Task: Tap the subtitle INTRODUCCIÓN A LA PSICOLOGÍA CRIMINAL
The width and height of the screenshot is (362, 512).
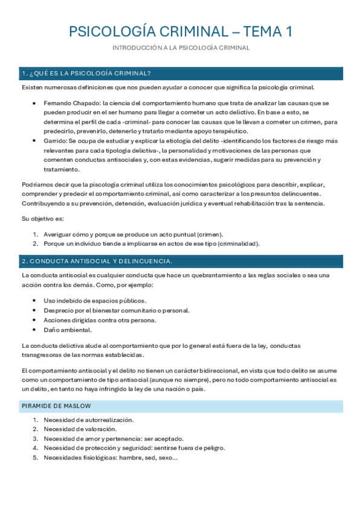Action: coord(181,48)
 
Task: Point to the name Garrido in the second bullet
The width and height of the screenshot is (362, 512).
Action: coord(55,141)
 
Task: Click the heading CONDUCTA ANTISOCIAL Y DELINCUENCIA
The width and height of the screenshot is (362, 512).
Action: coord(100,261)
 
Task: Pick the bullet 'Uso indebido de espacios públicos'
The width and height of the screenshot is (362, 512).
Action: coord(95,301)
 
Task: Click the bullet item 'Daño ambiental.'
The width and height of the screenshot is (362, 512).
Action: coord(67,330)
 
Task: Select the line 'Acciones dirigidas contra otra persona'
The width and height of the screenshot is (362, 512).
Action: coord(100,320)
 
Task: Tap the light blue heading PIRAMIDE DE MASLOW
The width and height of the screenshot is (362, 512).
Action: coord(56,406)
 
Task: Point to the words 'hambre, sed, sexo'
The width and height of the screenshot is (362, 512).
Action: coord(151,458)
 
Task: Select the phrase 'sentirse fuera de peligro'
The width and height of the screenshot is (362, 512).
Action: coord(187,448)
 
